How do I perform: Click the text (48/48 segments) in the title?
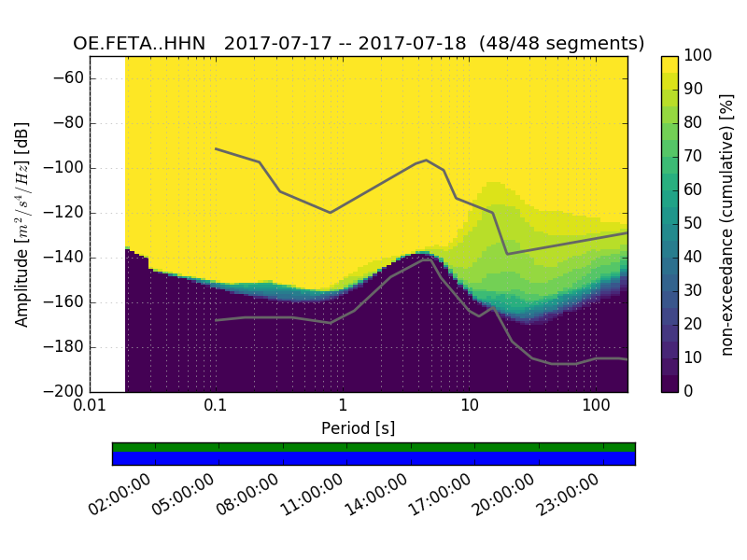[x=562, y=44]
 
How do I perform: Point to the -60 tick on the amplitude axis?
[x=69, y=78]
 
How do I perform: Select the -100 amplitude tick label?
[x=65, y=168]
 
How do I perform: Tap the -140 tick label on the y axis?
[x=65, y=258]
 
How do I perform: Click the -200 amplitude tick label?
[x=65, y=391]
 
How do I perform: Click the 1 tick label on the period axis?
[x=343, y=406]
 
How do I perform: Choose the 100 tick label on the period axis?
[x=596, y=406]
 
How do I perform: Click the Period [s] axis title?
[x=359, y=428]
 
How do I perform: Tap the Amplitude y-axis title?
[x=22, y=224]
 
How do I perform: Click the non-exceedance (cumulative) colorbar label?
[x=726, y=224]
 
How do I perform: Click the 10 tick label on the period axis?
[x=469, y=406]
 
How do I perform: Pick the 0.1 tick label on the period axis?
[x=216, y=406]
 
